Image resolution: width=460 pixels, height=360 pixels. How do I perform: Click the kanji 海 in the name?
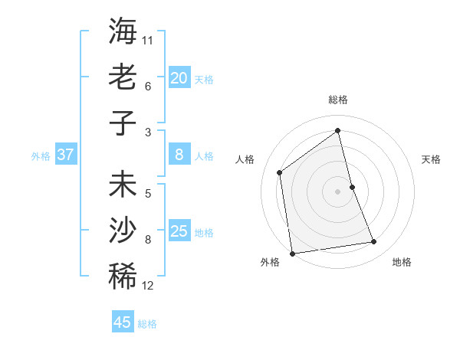pos(123,32)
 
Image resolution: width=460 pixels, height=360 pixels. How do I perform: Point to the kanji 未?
pos(123,187)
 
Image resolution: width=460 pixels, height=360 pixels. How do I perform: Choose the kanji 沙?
pos(123,231)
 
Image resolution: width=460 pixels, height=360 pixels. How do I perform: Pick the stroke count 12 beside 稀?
pos(148,286)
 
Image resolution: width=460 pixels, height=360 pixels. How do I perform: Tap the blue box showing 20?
pos(179,78)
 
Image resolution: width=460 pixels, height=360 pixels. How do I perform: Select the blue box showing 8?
pos(179,155)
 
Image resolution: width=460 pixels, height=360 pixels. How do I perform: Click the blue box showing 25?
pos(179,231)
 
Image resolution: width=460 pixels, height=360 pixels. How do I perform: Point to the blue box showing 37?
pos(66,155)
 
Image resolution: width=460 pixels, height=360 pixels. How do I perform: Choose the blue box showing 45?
pos(123,322)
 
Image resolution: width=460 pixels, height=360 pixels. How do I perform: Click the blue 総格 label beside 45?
pos(147,324)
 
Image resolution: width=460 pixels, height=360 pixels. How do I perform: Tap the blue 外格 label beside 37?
pos(41,156)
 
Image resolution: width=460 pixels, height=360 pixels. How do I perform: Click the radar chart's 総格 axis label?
pos(337,100)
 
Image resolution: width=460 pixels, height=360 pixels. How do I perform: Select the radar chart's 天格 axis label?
pos(431,159)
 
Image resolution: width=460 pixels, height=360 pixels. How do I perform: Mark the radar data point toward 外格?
pos(292,253)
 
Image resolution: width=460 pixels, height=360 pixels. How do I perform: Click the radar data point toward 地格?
pos(374,242)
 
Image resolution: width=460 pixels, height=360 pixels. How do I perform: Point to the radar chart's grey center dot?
pos(337,191)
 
